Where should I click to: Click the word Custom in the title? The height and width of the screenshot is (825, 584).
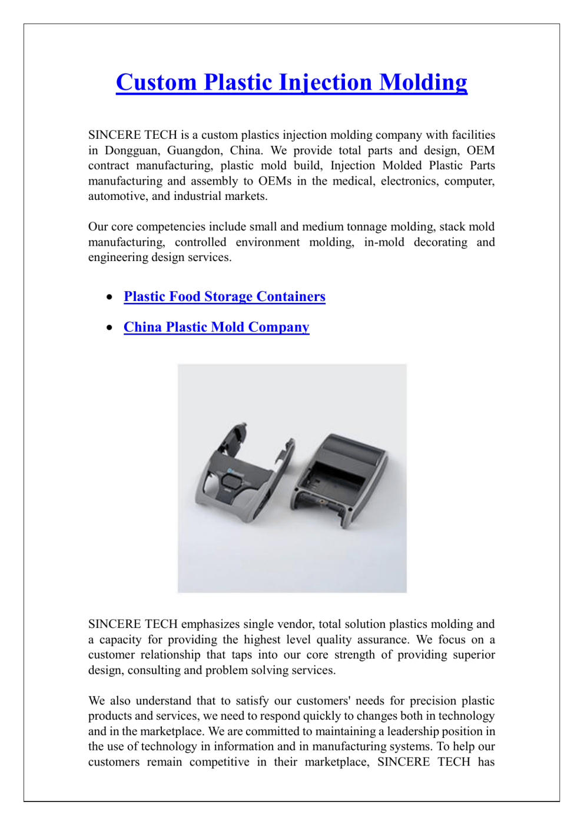(x=156, y=82)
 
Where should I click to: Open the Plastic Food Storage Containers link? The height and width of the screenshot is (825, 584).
(x=224, y=296)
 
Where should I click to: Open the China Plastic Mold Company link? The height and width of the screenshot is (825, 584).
(x=216, y=327)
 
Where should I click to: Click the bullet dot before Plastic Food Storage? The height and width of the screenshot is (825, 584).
(x=109, y=297)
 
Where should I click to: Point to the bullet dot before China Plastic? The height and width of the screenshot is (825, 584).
(x=109, y=328)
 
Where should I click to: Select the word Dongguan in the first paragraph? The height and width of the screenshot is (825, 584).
(x=132, y=151)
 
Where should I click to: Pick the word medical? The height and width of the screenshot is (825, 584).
(x=353, y=181)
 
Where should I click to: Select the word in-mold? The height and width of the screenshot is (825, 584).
(x=384, y=242)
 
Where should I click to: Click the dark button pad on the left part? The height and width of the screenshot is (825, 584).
(x=232, y=482)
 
